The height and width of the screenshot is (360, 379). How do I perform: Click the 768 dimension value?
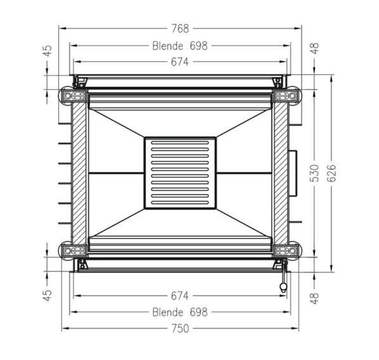[x=180, y=29]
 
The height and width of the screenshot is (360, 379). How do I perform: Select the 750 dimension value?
[x=180, y=328]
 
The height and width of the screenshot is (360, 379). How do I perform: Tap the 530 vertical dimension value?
[x=315, y=173]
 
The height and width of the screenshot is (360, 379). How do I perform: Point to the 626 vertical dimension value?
[x=331, y=173]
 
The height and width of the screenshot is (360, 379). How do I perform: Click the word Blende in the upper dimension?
[x=167, y=46]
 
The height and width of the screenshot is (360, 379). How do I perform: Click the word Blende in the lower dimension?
[x=167, y=312]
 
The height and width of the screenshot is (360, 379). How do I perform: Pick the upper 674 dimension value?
[x=179, y=62]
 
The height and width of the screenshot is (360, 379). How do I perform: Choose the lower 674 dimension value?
[x=179, y=296]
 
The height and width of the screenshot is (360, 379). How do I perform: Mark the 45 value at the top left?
[x=48, y=51]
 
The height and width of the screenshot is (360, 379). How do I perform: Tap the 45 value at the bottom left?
[x=48, y=295]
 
